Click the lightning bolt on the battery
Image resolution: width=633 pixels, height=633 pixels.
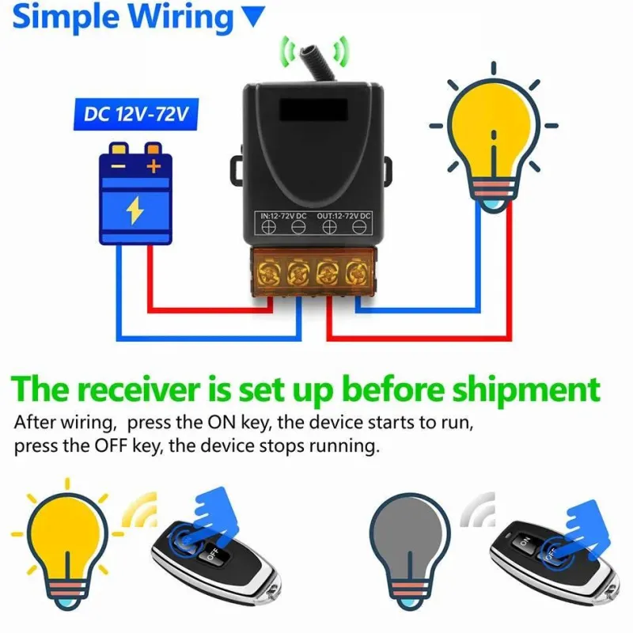click(135, 210)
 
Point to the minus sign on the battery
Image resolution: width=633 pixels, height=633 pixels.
click(119, 166)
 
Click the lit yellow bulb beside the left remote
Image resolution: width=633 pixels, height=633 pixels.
click(67, 538)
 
